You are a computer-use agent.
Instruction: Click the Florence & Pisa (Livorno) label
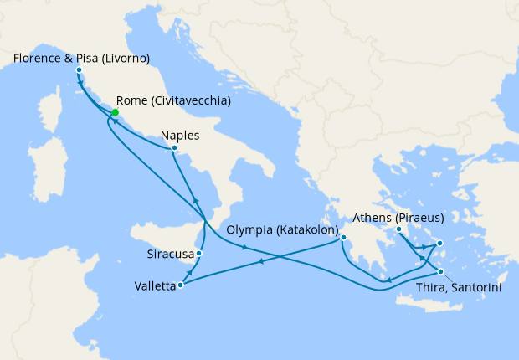coord(81,59)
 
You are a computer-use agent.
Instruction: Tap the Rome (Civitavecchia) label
coord(173,100)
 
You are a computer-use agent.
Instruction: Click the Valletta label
coord(154,286)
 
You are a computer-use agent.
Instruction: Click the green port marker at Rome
coord(115,112)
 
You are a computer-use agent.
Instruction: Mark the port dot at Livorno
coord(79,70)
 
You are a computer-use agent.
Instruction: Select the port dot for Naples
coord(174,148)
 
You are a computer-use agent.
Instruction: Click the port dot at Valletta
coord(181,286)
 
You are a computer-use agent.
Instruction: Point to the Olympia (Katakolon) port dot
coord(343,238)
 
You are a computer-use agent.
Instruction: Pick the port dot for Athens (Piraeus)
coord(399,229)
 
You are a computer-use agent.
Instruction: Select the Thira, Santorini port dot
coord(440,271)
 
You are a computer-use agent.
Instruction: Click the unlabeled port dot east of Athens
coord(439,244)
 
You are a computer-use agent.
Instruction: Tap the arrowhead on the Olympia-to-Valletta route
coord(261,262)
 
